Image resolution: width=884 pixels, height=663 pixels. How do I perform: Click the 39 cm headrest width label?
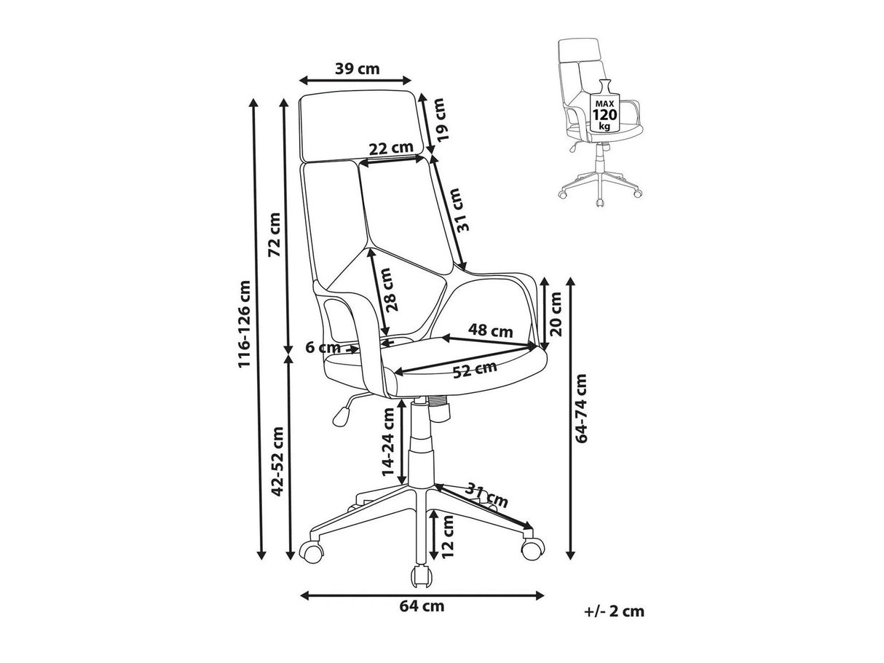[358, 69]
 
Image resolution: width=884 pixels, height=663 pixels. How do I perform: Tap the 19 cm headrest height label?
[442, 119]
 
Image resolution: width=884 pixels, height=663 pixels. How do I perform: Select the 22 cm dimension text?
[391, 148]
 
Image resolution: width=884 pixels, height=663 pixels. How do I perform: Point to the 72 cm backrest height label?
[275, 234]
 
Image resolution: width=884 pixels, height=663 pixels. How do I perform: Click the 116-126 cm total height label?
[244, 324]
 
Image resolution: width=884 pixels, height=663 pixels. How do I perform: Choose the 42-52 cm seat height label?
[277, 461]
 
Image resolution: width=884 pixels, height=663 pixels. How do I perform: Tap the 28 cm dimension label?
[392, 290]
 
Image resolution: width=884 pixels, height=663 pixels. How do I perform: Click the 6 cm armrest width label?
[323, 347]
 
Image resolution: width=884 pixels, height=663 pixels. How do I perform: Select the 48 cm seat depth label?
[490, 331]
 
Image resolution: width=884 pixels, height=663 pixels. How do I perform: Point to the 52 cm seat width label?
[475, 370]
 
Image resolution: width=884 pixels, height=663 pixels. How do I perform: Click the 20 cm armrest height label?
[556, 314]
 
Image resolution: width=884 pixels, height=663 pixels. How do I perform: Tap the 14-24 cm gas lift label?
[388, 442]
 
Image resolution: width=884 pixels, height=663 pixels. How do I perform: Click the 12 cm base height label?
[447, 536]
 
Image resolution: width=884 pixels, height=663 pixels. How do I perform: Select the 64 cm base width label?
[422, 617]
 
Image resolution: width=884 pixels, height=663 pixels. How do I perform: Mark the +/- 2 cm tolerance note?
[614, 622]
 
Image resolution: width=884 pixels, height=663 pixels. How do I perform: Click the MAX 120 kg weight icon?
[604, 107]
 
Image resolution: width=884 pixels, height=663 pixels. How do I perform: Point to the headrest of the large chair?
[361, 126]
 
